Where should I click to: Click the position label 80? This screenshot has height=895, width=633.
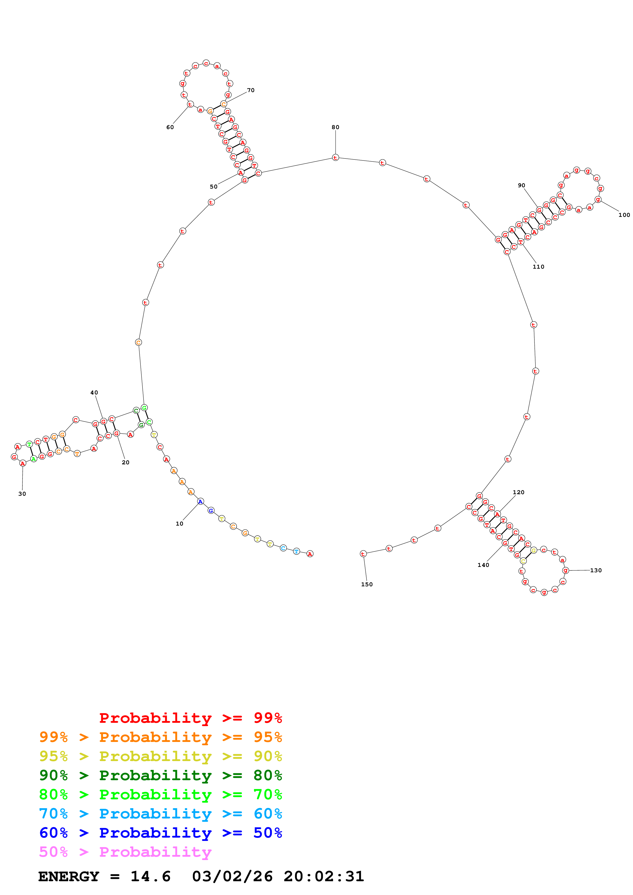(336, 127)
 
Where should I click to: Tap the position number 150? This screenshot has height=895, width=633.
(367, 584)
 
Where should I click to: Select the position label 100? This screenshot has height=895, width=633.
(624, 215)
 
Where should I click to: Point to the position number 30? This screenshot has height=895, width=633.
(22, 494)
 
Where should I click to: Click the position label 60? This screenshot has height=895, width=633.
(170, 127)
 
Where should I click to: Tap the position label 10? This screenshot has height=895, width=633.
(180, 524)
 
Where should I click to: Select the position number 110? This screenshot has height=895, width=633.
(538, 267)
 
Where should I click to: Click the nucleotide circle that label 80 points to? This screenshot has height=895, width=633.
(336, 157)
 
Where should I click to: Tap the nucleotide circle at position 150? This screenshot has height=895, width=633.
(363, 554)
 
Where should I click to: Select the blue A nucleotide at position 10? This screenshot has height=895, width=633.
(200, 501)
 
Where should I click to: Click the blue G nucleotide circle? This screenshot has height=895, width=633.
(211, 510)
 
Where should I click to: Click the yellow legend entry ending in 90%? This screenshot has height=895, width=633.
(160, 756)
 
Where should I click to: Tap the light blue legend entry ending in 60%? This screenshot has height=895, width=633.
(160, 814)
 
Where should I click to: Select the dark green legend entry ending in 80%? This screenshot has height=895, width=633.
(160, 775)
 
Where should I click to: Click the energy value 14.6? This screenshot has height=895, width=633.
(151, 876)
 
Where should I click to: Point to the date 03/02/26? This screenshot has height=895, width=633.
(232, 876)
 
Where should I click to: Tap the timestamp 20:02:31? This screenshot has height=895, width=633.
(324, 876)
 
